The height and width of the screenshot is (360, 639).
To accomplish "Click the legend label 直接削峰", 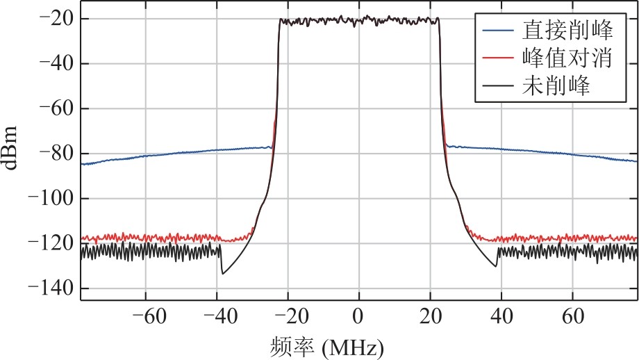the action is (x=567, y=30).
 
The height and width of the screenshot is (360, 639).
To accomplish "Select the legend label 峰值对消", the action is (x=567, y=58).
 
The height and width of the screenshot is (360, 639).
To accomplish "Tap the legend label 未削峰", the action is (x=556, y=85).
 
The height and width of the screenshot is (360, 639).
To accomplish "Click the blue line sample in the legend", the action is (x=498, y=30).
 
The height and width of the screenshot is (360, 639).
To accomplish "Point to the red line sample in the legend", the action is (x=498, y=58).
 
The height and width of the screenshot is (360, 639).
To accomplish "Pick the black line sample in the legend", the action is (x=498, y=85).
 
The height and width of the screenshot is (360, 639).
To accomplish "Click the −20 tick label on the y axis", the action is (x=56, y=19).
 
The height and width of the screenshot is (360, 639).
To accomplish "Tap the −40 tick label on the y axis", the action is (x=56, y=64).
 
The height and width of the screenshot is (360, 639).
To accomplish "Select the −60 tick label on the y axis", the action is (x=56, y=108).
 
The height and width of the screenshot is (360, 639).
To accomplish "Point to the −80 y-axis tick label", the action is (x=56, y=154).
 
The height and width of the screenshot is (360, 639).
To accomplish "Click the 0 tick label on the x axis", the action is (x=358, y=316).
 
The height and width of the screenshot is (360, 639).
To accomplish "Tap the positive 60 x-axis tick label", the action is (x=572, y=316).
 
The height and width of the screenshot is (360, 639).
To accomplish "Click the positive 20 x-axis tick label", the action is (x=431, y=316).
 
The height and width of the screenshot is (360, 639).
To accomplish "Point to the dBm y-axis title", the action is (x=10, y=147).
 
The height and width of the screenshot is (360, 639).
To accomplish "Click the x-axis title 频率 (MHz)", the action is (x=326, y=347).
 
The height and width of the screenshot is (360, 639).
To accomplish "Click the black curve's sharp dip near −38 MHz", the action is (x=222, y=274).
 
